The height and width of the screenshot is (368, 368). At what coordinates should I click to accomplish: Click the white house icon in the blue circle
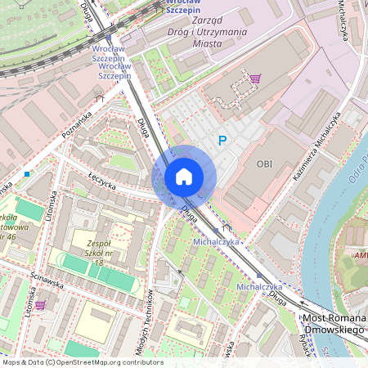point(184,177)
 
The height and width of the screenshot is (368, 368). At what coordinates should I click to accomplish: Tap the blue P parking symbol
point(221,141)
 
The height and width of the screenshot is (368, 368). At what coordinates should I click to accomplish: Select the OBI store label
point(264,164)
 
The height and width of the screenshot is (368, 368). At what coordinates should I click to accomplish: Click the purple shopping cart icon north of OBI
point(256,79)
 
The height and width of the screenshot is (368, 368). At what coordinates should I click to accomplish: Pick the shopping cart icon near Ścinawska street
point(39,304)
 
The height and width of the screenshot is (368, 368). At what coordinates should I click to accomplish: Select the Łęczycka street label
point(102,179)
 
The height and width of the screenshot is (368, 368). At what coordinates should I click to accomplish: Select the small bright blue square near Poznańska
point(27,173)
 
